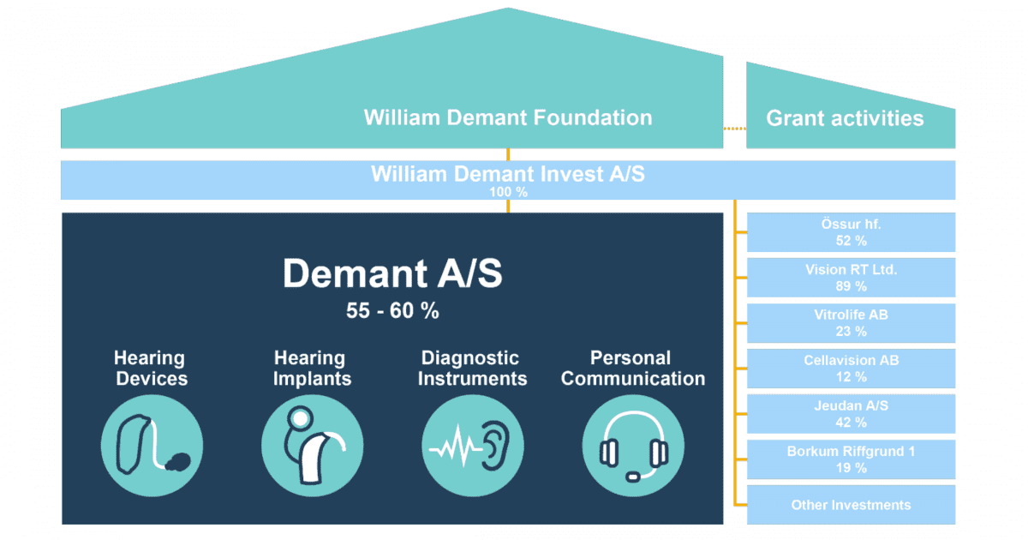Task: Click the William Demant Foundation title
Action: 508,117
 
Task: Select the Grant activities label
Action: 845,118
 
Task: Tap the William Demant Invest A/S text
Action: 508,174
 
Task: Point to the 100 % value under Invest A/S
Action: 508,193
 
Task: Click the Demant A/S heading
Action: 392,274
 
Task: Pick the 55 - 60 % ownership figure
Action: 392,311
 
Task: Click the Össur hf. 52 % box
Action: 851,232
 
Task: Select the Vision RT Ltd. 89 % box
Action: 851,278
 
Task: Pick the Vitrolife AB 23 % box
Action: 851,323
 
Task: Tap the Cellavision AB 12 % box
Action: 851,369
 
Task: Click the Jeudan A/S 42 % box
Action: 851,414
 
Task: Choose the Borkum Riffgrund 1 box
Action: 851,459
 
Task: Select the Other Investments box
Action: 851,505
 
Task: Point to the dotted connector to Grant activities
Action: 734,129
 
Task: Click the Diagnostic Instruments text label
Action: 472,368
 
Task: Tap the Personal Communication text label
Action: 633,368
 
